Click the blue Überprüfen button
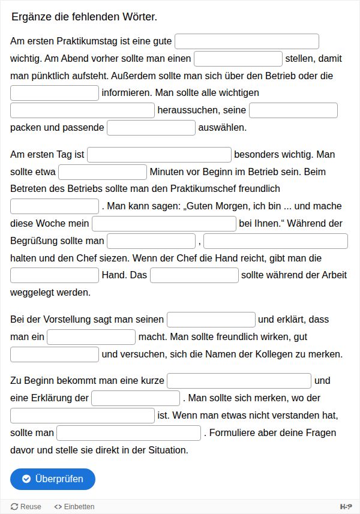click(x=53, y=479)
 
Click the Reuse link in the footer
click(x=26, y=507)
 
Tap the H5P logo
click(x=346, y=507)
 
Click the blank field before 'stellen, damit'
click(x=238, y=59)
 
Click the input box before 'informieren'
click(x=55, y=93)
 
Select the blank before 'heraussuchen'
click(x=83, y=110)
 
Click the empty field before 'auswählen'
click(x=151, y=128)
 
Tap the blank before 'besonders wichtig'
click(x=160, y=155)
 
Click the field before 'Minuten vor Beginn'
click(x=103, y=172)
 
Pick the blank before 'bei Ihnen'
click(x=164, y=224)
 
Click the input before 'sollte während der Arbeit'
click(x=194, y=275)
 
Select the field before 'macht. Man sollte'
click(x=91, y=337)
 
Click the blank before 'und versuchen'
click(x=55, y=354)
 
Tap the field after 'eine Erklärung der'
click(x=136, y=398)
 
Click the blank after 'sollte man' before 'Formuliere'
click(x=129, y=433)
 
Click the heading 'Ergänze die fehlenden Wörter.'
click(x=85, y=17)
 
